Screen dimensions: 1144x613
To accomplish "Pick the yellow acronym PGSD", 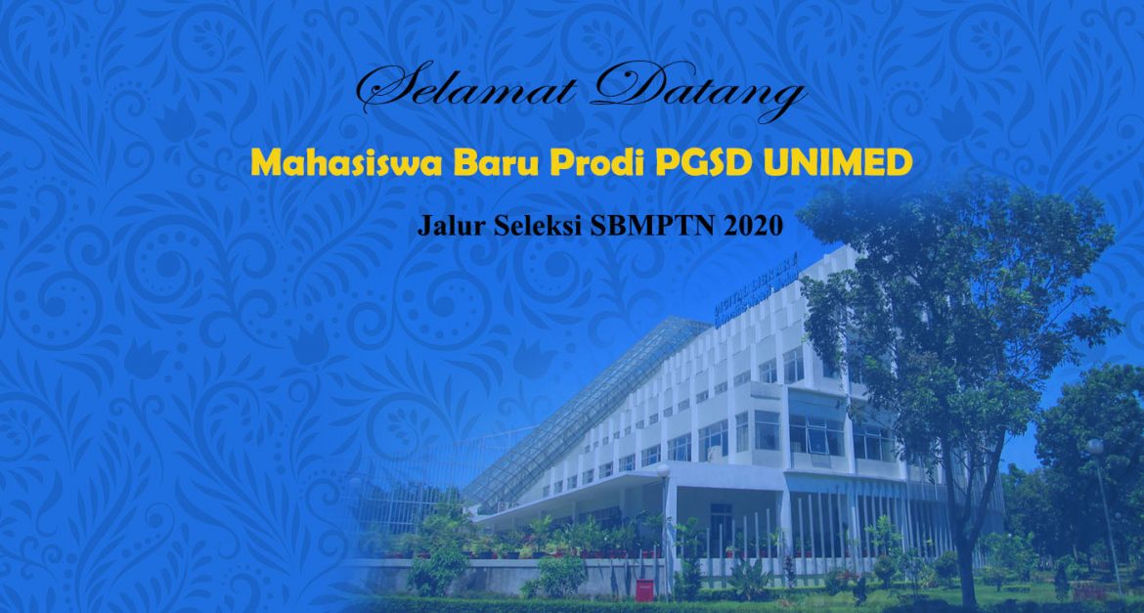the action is coord(703,163).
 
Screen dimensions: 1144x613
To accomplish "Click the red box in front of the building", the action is coord(644,590).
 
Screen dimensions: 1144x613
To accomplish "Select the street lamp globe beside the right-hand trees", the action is coord(1094,447).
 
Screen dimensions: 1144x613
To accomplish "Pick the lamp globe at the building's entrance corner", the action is coord(663,471).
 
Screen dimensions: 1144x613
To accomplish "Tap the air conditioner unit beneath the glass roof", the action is coord(504,506).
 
